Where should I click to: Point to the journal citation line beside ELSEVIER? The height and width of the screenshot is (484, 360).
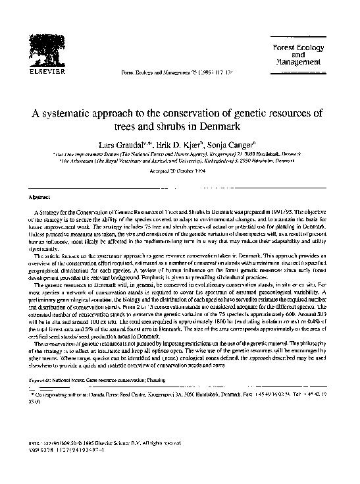point(168,72)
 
